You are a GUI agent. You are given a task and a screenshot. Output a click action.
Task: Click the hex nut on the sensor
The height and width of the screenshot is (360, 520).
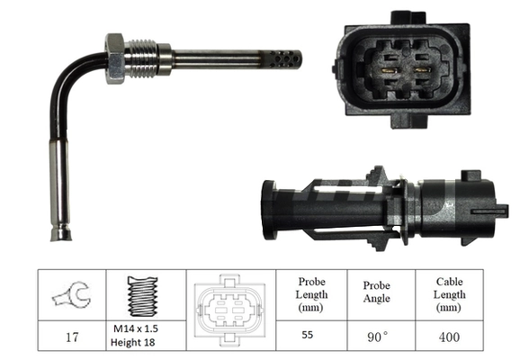point(114,58)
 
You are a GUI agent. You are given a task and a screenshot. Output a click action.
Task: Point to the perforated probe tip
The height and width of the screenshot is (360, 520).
point(285,59)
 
